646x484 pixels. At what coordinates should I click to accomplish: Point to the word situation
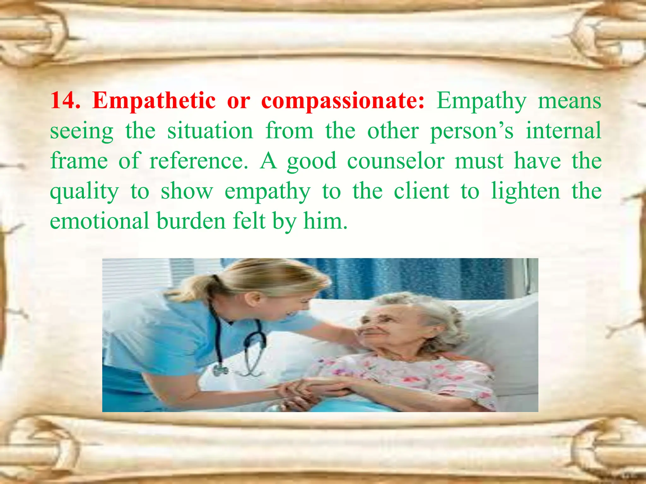210,131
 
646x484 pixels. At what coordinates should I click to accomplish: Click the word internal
563,131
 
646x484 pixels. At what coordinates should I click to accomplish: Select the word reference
199,161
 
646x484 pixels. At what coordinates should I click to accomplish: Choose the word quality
85,192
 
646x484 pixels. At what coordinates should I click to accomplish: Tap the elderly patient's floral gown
410,375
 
